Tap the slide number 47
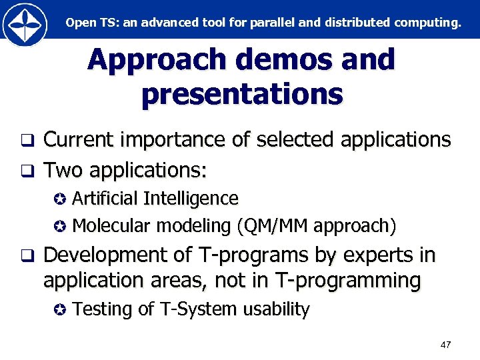pyautogui.click(x=445, y=345)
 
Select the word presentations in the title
pyautogui.click(x=242, y=94)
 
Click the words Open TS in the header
pyautogui.click(x=89, y=22)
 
